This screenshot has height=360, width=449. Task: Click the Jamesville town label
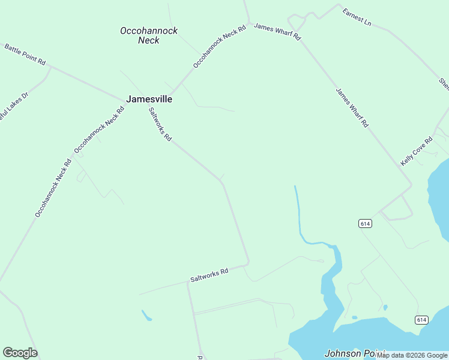pyautogui.click(x=149, y=99)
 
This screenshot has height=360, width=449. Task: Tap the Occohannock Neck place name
pyautogui.click(x=149, y=35)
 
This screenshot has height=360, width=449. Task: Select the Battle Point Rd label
pyautogui.click(x=25, y=54)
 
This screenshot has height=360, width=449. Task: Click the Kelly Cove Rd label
pyautogui.click(x=417, y=151)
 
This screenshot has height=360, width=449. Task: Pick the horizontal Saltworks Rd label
pyautogui.click(x=209, y=275)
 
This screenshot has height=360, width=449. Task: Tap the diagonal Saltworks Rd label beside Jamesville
pyautogui.click(x=160, y=124)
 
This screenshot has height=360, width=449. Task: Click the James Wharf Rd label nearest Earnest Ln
pyautogui.click(x=277, y=31)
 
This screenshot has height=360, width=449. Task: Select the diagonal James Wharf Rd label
pyautogui.click(x=352, y=108)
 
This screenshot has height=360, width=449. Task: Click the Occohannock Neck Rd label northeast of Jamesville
pyautogui.click(x=220, y=46)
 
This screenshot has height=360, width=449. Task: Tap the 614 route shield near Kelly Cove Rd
pyautogui.click(x=365, y=223)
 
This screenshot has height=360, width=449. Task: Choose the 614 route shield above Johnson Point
pyautogui.click(x=421, y=320)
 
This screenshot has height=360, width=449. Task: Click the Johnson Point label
pyautogui.click(x=350, y=353)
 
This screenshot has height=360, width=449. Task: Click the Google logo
pyautogui.click(x=20, y=353)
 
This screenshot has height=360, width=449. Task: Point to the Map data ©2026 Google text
pyautogui.click(x=412, y=355)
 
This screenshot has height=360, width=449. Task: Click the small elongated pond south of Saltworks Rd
pyautogui.click(x=146, y=315)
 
